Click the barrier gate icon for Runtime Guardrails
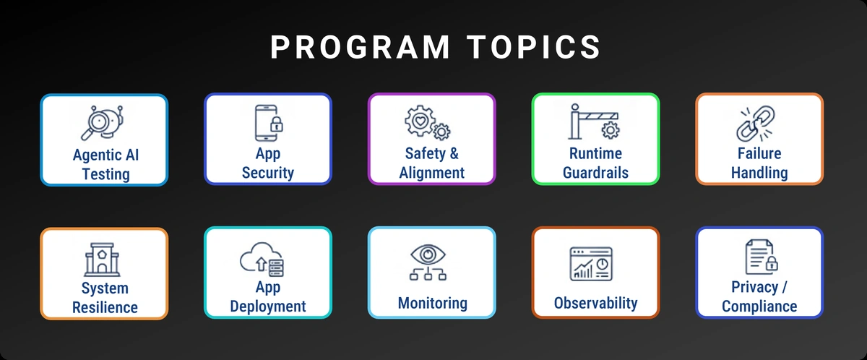[595, 122]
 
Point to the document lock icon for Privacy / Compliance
[759, 257]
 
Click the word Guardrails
[595, 173]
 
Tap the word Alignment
[431, 173]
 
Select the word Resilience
[105, 307]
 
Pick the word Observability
[595, 303]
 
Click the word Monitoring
[432, 303]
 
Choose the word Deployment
[268, 306]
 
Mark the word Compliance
[759, 306]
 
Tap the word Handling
[759, 173]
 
